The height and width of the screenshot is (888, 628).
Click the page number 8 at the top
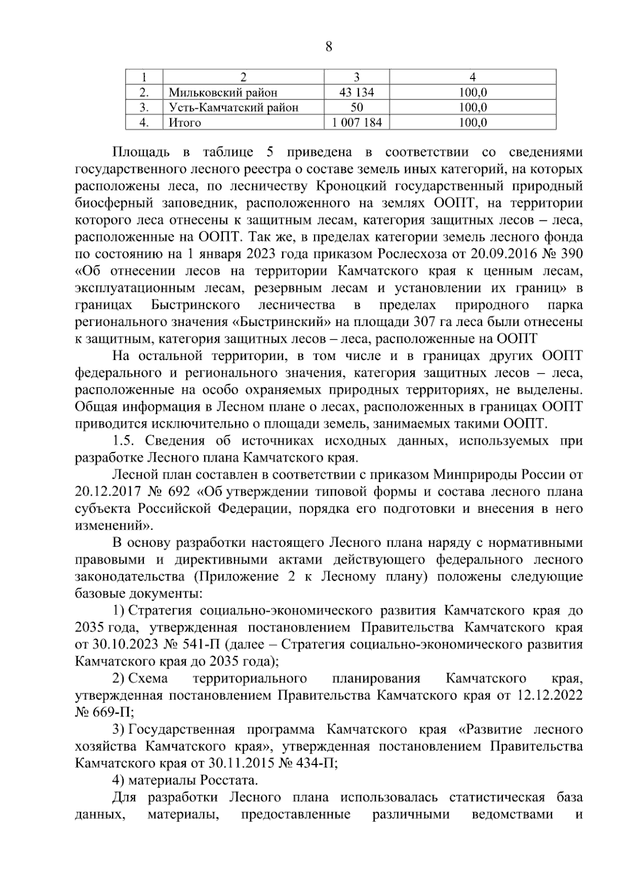328,48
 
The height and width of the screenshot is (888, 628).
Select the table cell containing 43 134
356,93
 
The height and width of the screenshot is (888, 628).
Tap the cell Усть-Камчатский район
233,108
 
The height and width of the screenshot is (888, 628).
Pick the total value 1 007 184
356,123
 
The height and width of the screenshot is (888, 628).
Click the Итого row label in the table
184,123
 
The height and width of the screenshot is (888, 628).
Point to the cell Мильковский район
223,93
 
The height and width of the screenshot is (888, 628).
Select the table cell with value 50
356,108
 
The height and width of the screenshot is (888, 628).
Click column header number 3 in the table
356,77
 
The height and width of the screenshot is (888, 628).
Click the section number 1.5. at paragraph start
126,441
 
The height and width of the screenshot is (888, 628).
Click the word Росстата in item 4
229,781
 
